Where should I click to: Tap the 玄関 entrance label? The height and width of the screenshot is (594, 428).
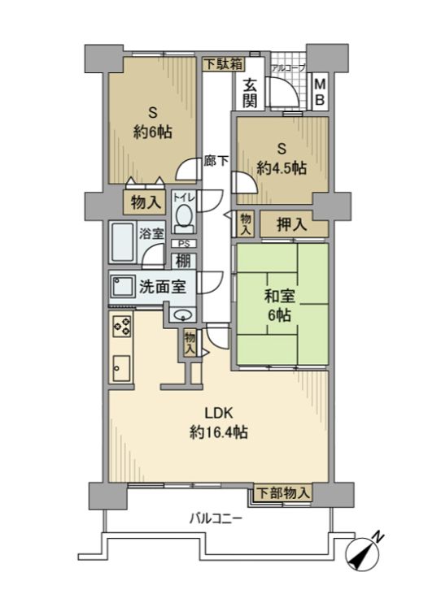(x=251, y=90)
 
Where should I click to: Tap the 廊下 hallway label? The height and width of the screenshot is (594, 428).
(x=216, y=160)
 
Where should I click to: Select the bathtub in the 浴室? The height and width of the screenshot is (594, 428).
(x=123, y=241)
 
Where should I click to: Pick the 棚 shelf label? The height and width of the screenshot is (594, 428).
(x=183, y=262)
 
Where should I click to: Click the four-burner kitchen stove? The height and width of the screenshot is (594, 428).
(x=123, y=327)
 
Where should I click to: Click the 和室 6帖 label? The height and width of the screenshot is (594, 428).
(x=281, y=306)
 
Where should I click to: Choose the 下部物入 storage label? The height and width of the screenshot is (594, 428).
(x=283, y=492)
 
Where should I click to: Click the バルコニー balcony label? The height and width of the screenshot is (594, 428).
(x=215, y=518)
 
